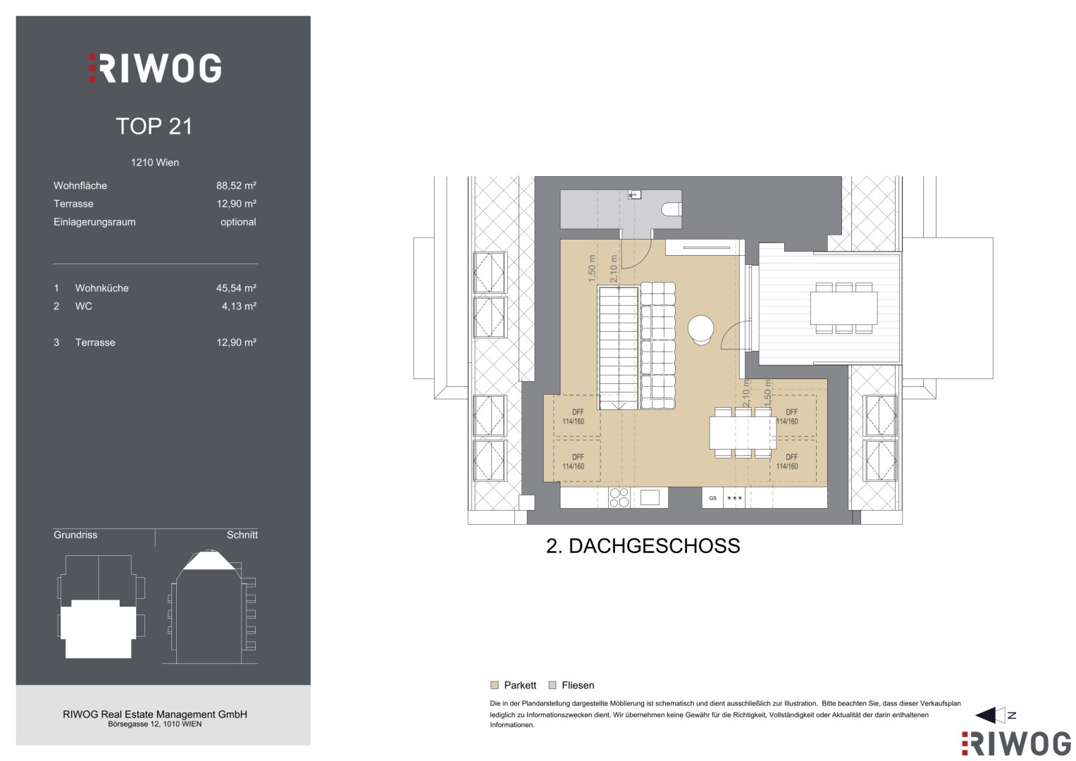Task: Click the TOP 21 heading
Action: pos(154,126)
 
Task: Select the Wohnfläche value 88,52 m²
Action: pos(236,185)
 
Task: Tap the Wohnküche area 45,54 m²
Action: pos(236,288)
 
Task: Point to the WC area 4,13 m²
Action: pos(239,307)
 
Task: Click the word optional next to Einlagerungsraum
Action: pos(238,222)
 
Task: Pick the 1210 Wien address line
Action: pos(155,162)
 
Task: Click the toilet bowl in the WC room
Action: pos(671,209)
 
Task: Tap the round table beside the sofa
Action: pos(701,329)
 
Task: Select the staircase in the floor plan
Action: pos(618,348)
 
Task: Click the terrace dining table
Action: pos(843,308)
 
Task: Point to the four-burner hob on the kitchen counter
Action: pos(619,497)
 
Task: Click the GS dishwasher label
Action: pos(713,498)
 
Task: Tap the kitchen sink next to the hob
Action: pos(650,497)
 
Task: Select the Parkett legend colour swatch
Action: pos(494,685)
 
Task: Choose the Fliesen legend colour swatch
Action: pos(552,685)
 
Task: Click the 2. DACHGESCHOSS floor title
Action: pos(643,546)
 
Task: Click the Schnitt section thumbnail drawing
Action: pos(211,607)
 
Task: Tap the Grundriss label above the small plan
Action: pos(75,535)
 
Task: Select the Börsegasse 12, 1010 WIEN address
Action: pos(155,724)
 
